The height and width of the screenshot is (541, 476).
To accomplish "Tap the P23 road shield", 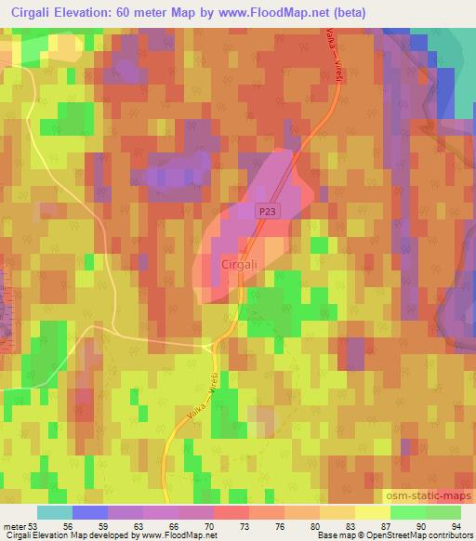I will (x=268, y=213).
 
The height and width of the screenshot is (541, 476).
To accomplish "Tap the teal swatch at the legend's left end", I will (x=55, y=512).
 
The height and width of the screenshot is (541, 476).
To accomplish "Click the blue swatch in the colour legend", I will (x=90, y=512).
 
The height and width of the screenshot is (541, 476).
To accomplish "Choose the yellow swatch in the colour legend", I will (x=372, y=512).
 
